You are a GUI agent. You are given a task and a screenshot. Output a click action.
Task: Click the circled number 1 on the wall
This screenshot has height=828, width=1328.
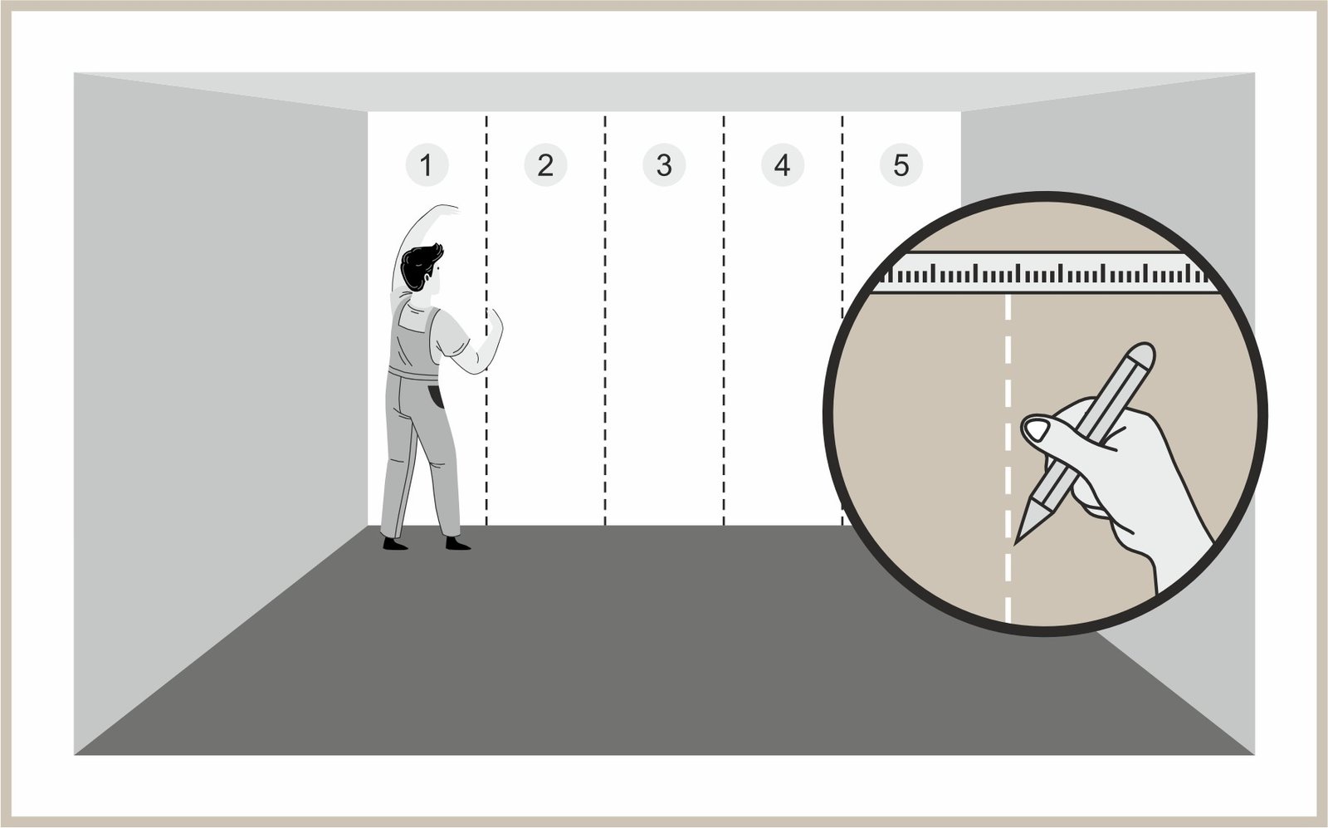[x=427, y=165]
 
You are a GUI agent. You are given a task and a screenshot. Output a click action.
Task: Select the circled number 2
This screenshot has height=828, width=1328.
[x=545, y=165]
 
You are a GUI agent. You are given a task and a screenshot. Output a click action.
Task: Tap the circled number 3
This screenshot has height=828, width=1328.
[x=664, y=165]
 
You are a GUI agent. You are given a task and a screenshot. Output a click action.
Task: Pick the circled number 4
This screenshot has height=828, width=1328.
[x=783, y=165]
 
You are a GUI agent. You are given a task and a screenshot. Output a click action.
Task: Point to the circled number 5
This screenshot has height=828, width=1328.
[x=901, y=165]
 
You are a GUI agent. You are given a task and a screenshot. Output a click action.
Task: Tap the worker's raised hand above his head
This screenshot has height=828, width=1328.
[x=446, y=208]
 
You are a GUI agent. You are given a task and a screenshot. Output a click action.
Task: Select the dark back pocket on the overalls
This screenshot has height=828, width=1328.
[x=437, y=396]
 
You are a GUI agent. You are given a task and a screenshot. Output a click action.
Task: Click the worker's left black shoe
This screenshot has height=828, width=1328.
[x=395, y=544]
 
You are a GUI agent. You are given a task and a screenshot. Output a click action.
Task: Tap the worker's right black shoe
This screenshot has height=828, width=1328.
[x=457, y=544]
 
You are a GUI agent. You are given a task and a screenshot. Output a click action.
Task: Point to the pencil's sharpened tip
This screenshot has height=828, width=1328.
[x=1018, y=540]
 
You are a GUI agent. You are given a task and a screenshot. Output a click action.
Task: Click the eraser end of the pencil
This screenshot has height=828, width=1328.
[x=1140, y=354]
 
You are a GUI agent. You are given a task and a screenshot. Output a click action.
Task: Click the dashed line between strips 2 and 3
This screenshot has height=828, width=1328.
[x=605, y=321]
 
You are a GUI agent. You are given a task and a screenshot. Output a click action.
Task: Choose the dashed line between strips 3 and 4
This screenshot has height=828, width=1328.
[x=724, y=321]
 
